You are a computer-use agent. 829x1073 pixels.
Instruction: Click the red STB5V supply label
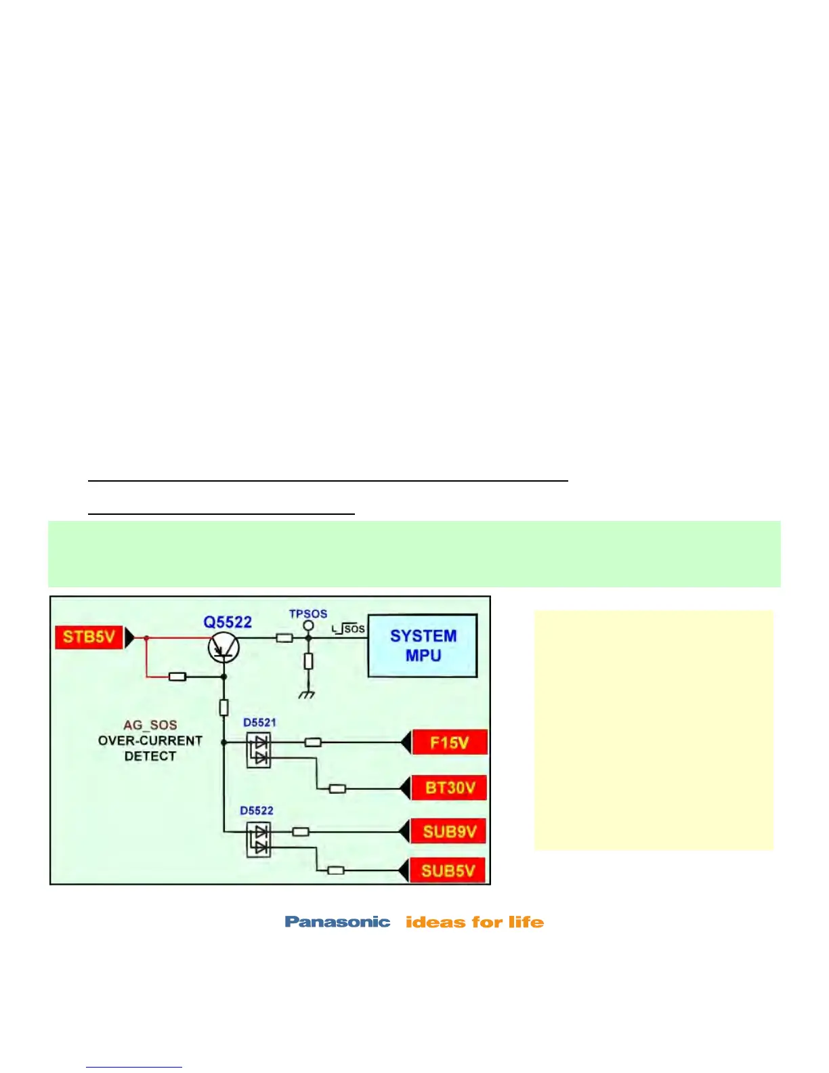click(89, 637)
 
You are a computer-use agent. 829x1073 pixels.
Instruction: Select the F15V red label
click(449, 742)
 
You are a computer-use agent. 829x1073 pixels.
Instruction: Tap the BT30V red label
click(449, 788)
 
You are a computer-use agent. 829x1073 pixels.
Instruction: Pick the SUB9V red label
click(449, 832)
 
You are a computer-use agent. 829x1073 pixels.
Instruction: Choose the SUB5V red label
click(448, 870)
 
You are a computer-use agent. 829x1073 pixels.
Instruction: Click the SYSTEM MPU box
click(423, 646)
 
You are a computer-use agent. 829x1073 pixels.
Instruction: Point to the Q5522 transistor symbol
click(223, 648)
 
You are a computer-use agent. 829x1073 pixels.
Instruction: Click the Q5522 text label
click(228, 622)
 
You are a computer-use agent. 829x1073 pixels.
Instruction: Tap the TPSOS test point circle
click(308, 625)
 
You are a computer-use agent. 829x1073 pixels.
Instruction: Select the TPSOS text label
click(308, 614)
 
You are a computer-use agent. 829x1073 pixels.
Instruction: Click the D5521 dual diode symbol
click(259, 750)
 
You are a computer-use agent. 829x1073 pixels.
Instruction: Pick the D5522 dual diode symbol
click(259, 839)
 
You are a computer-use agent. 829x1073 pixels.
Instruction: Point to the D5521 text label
click(260, 723)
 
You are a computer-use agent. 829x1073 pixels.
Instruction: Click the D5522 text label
click(257, 811)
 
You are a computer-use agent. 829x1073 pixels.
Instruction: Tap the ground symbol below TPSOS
click(307, 694)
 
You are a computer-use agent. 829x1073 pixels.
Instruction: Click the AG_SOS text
click(150, 725)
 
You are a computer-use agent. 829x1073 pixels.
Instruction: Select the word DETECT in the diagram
click(150, 756)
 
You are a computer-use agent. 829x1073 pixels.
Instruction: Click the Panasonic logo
click(337, 922)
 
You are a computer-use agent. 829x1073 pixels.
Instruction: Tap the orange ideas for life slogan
click(475, 922)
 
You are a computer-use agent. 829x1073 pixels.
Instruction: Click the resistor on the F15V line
click(313, 742)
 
